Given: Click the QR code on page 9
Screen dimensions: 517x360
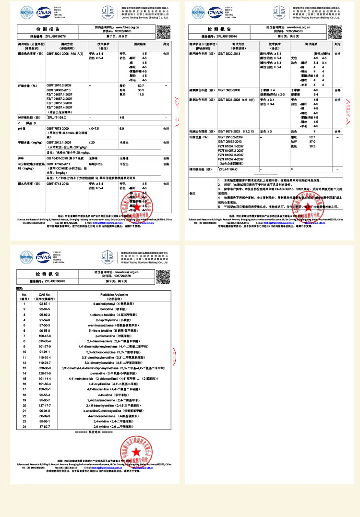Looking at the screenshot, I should click(163, 275).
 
